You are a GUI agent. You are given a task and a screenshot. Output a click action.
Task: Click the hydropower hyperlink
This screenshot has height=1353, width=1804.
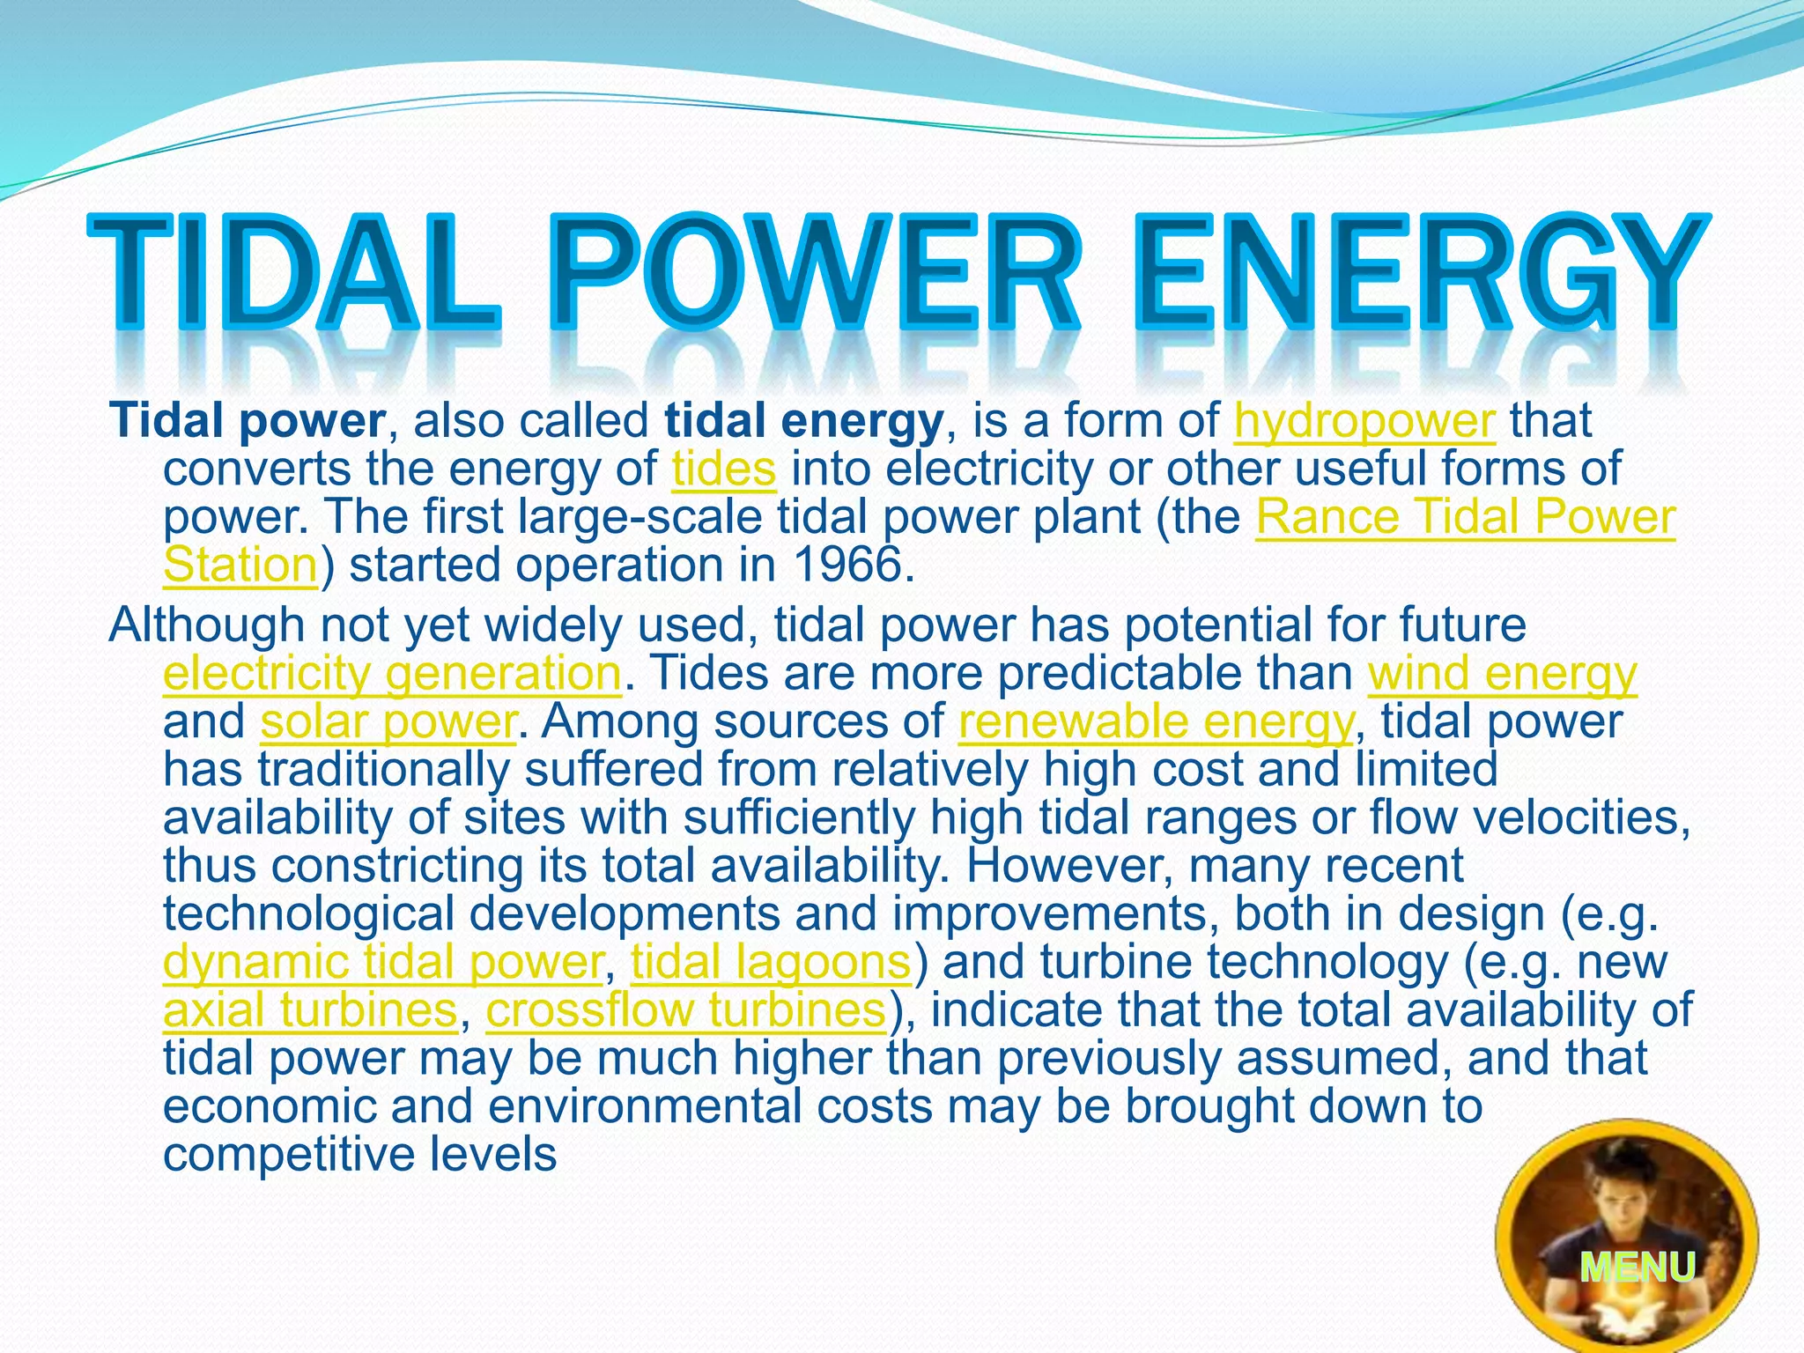tap(1364, 421)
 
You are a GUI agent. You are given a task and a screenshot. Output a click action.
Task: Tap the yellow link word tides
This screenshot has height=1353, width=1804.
tap(724, 469)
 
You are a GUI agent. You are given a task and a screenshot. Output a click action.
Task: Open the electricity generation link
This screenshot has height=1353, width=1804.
tap(393, 674)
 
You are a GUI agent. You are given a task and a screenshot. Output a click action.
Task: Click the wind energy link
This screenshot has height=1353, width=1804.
tap(1502, 674)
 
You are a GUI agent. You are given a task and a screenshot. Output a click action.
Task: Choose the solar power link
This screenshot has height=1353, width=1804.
tap(388, 721)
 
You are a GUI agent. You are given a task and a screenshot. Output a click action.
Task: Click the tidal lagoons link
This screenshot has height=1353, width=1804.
tap(771, 961)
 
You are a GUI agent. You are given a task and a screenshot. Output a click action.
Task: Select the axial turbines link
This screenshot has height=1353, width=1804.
tap(310, 1009)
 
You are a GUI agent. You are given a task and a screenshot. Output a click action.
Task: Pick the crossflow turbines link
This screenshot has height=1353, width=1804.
tap(685, 1009)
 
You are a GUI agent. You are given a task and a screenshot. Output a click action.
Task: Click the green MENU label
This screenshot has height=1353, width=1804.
tap(1637, 1268)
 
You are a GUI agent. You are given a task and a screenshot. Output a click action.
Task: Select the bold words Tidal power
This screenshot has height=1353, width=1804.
tap(248, 421)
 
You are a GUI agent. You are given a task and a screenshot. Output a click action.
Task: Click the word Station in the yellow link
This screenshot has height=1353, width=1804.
tap(240, 565)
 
